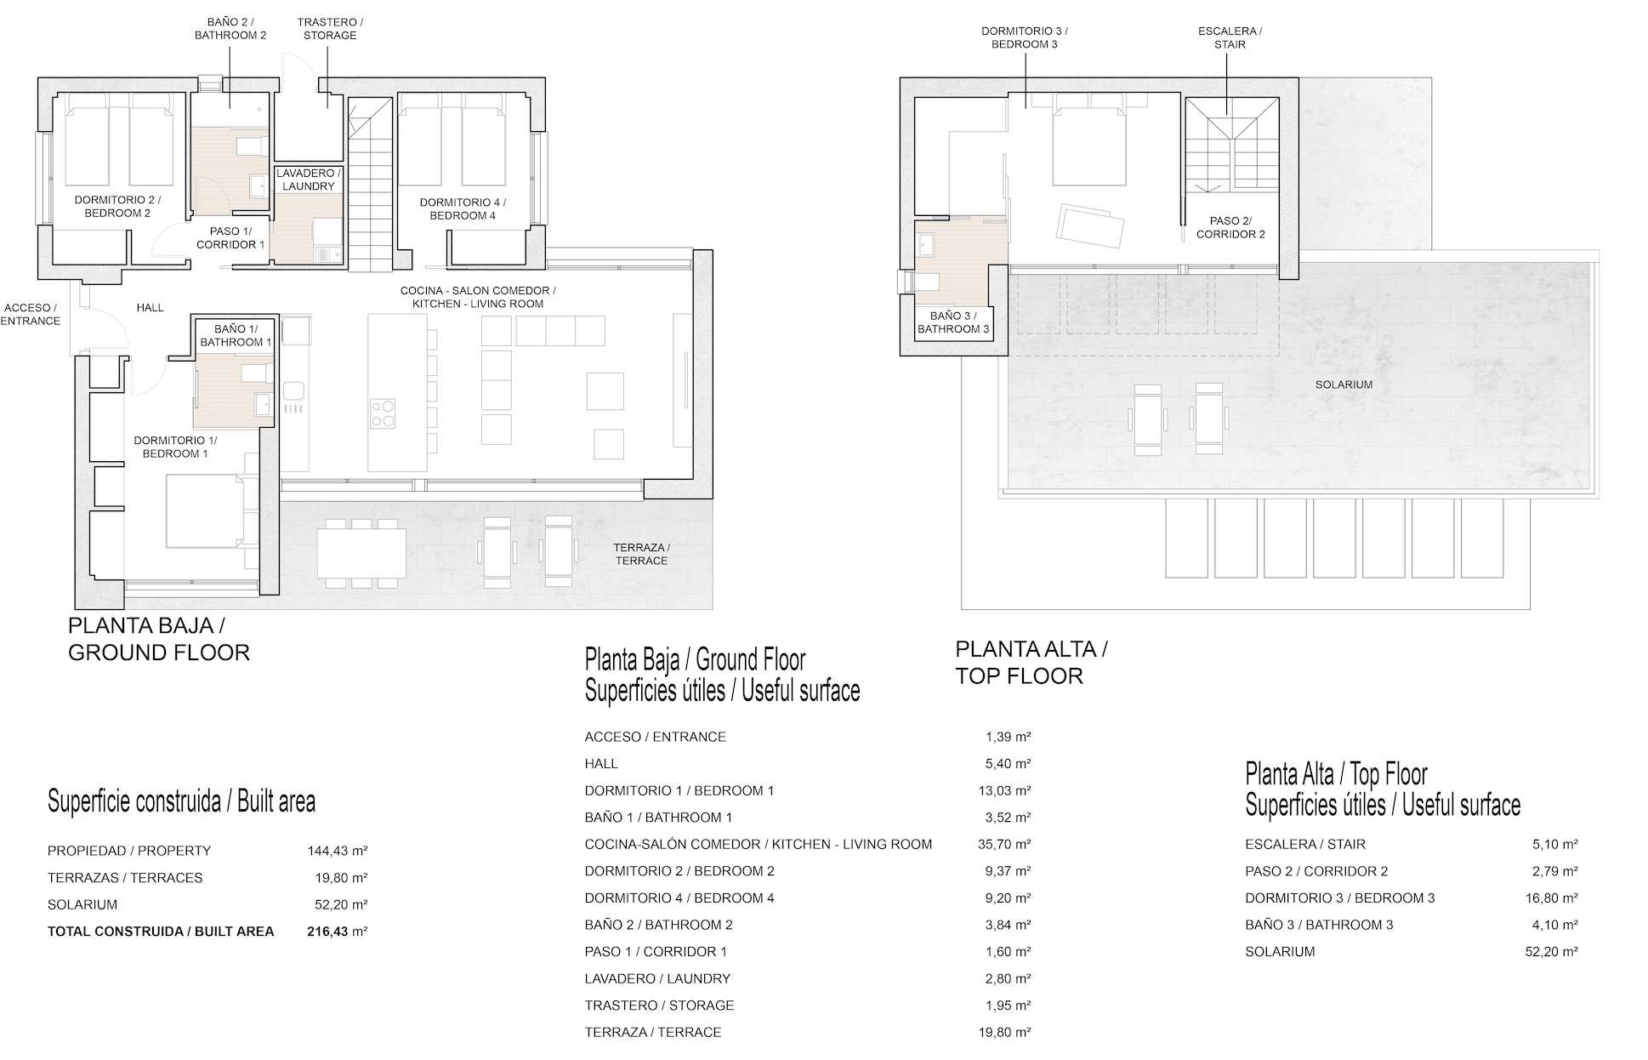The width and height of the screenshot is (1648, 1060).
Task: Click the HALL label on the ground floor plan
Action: (x=151, y=308)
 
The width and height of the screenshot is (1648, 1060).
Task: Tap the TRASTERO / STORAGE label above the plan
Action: (x=327, y=29)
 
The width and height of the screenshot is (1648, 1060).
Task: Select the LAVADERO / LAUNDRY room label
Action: (x=308, y=180)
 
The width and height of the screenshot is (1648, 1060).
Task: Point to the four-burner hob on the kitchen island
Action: (x=383, y=413)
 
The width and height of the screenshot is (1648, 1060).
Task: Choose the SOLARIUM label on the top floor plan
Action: (x=1344, y=385)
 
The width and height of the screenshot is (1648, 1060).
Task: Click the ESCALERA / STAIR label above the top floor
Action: (x=1230, y=37)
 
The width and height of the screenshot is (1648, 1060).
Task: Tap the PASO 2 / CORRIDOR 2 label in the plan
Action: (x=1230, y=227)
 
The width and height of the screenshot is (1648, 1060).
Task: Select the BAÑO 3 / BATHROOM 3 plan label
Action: (x=953, y=322)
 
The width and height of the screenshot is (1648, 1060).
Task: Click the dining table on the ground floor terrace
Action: (x=361, y=553)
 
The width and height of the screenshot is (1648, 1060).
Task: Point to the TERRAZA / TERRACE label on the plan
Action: (x=641, y=554)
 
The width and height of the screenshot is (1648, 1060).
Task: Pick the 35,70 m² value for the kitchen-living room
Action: (x=1004, y=845)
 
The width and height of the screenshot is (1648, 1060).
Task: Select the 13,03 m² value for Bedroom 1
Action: (x=1004, y=791)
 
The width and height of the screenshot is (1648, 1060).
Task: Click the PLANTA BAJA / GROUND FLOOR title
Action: (x=158, y=640)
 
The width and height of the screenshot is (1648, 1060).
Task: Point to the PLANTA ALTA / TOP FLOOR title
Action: (x=1031, y=663)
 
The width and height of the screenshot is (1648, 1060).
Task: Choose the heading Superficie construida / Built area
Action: (x=181, y=801)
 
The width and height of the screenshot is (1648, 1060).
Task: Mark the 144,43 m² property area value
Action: (x=337, y=851)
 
